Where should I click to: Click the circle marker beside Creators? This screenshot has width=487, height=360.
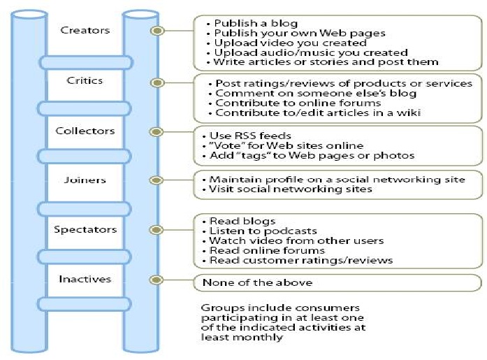(x=158, y=31)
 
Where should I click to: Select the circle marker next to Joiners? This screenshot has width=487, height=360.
(x=158, y=180)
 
